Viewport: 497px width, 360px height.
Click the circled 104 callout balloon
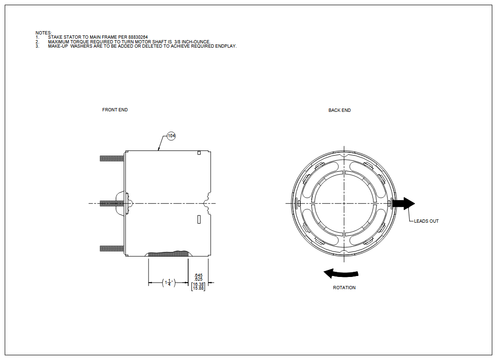[171, 136]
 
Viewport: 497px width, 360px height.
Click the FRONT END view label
[115, 110]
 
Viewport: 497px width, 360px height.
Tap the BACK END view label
[340, 110]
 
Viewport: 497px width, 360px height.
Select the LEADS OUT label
[426, 221]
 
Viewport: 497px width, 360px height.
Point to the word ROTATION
[344, 288]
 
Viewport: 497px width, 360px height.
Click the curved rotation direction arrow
[341, 273]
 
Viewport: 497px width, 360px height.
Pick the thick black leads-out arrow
[404, 203]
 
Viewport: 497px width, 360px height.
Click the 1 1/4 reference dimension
[169, 282]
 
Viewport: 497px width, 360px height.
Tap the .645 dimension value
[198, 276]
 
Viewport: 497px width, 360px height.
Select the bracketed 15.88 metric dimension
[198, 288]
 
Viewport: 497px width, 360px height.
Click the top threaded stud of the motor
[112, 159]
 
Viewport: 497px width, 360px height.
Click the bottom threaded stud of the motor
[112, 249]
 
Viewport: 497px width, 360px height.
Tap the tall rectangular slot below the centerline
[199, 219]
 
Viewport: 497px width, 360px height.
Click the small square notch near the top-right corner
[199, 153]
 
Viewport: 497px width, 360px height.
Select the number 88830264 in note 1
[138, 37]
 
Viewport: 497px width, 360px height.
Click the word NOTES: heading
[43, 33]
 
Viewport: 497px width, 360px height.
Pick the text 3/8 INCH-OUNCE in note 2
[192, 42]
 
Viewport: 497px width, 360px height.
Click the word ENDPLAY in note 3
[226, 46]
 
